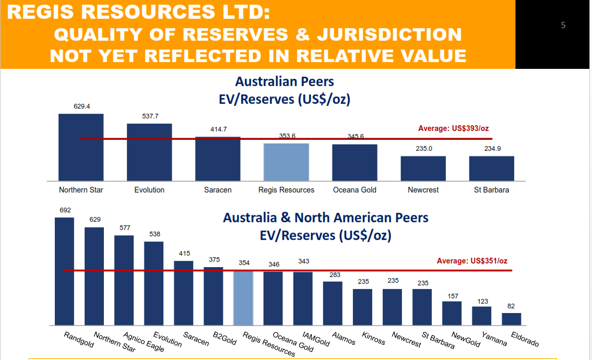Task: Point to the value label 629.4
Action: click(x=81, y=106)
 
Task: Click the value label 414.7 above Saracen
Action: click(x=218, y=129)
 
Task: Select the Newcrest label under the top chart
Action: click(x=423, y=190)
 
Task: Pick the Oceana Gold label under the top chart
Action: click(x=354, y=190)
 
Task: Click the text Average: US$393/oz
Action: click(x=453, y=128)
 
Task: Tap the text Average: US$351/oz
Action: click(x=472, y=261)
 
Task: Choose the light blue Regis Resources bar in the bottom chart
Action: click(x=243, y=298)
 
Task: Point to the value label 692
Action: click(x=65, y=210)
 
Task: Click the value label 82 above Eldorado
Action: click(x=511, y=306)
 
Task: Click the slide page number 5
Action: click(x=563, y=25)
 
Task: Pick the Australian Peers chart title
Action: click(x=285, y=82)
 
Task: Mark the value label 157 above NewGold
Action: click(x=453, y=296)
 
